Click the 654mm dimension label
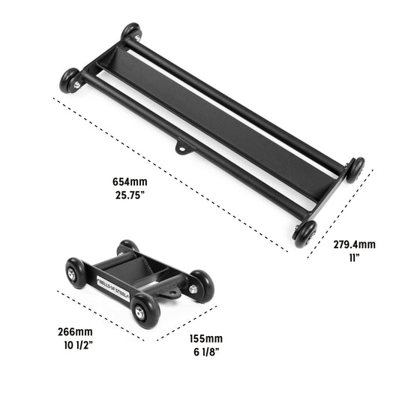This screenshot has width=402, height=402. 130,181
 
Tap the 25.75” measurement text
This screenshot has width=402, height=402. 130,195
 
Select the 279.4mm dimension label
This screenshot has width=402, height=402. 354,244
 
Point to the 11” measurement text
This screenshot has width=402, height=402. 354,258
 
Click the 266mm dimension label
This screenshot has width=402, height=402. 75,331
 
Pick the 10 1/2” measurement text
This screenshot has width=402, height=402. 78,345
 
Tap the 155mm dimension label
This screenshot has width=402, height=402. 206,339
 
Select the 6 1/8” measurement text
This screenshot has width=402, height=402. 206,352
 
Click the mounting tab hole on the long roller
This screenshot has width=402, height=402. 181,148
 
